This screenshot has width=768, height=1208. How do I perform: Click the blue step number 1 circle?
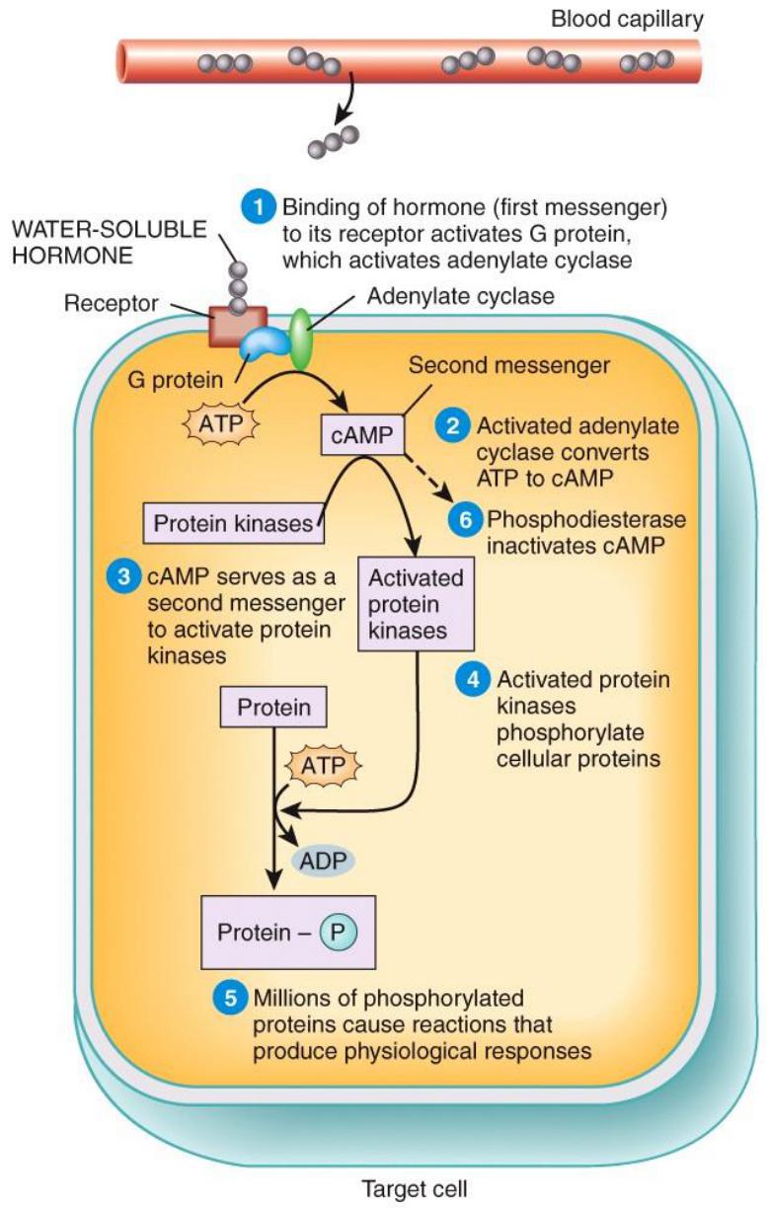[x=259, y=208]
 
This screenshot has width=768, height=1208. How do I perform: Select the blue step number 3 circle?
[x=121, y=577]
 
